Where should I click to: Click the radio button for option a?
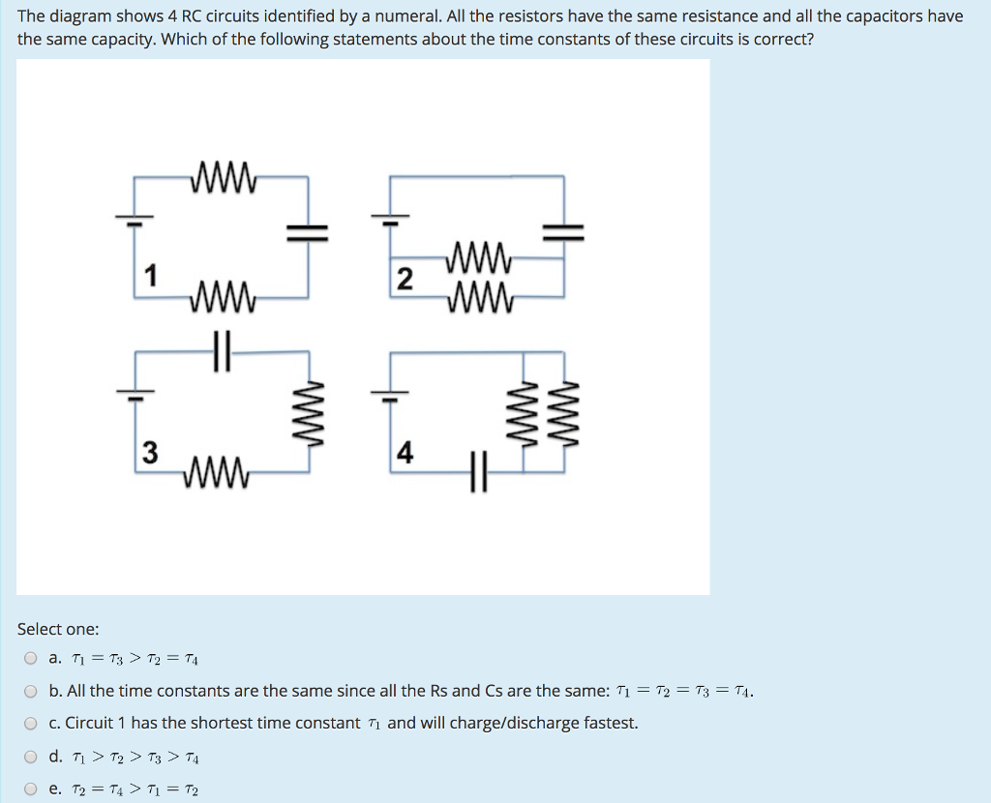31,659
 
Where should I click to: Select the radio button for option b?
31,692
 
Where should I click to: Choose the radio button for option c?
31,724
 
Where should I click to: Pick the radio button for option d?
31,757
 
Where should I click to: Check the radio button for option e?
31,789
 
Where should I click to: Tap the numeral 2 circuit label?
405,281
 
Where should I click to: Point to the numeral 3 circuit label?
149,453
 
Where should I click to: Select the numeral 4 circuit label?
405,453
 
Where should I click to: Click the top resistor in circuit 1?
225,178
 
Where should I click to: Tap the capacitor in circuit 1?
308,230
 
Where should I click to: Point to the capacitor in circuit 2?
563,230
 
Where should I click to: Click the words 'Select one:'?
58,629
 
